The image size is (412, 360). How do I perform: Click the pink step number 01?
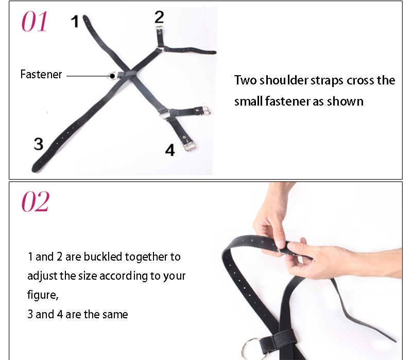tap(35, 22)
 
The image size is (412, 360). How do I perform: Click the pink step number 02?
tap(35, 201)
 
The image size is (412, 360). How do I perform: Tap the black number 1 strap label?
tap(75, 22)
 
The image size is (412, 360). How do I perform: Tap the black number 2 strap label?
tap(159, 18)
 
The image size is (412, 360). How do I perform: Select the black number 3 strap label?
tap(38, 144)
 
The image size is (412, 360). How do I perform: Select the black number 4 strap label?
tap(170, 150)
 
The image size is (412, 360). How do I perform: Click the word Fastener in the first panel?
tap(41, 74)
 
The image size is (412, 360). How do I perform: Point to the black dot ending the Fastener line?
tap(112, 76)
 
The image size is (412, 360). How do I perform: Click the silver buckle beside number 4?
tap(189, 145)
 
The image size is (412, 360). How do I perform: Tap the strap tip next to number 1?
tap(85, 18)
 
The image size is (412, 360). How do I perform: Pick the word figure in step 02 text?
tap(42, 295)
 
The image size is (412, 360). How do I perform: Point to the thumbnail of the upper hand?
tap(280, 244)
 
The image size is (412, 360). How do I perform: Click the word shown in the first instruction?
tap(345, 101)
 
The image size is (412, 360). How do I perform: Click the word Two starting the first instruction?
tap(246, 80)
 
